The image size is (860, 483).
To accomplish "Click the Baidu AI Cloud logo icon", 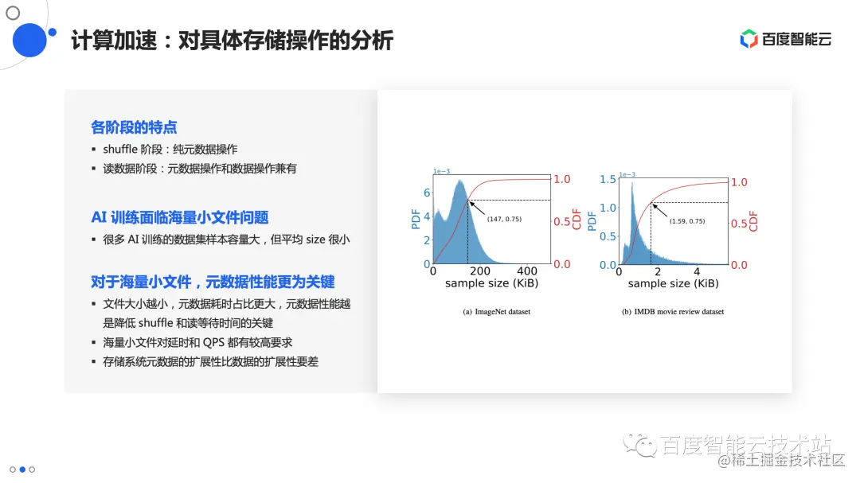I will (749, 39).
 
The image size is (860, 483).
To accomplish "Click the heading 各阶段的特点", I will (134, 127).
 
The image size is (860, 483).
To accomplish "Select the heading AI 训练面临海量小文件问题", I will (179, 217).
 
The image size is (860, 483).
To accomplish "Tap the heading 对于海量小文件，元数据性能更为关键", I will (213, 282).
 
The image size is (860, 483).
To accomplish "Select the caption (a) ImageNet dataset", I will (496, 311).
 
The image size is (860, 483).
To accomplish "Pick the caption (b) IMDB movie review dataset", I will (673, 311).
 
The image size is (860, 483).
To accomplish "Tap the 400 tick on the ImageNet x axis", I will (527, 271).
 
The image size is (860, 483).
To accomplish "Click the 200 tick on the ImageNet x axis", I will (479, 271).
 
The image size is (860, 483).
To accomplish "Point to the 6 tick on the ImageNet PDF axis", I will (427, 193).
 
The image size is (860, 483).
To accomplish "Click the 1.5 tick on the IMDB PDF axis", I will (607, 179).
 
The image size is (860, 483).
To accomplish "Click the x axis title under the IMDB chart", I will (673, 283).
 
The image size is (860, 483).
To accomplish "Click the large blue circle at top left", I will (31, 40).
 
